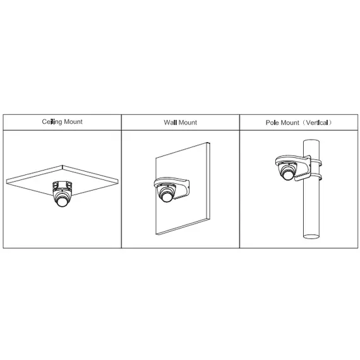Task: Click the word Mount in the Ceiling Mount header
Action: pyautogui.click(x=72, y=122)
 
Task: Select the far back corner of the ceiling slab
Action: pyautogui.click(x=63, y=165)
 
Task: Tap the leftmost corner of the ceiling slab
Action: pyautogui.click(x=8, y=179)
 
